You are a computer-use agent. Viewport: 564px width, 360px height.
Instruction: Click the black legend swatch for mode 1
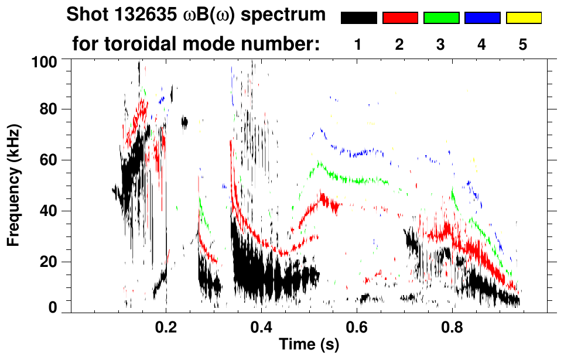pos(359,18)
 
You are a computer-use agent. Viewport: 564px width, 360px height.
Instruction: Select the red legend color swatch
pos(400,18)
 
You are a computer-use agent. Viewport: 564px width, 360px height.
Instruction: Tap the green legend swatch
pos(441,18)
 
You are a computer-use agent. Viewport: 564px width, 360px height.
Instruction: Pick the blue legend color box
pos(482,18)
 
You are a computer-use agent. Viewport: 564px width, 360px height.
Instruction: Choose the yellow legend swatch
pos(523,18)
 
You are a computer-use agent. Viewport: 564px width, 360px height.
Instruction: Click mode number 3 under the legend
pos(441,45)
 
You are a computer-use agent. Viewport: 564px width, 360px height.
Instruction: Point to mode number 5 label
pos(523,45)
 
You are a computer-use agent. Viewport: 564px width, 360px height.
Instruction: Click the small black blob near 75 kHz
pos(184,122)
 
